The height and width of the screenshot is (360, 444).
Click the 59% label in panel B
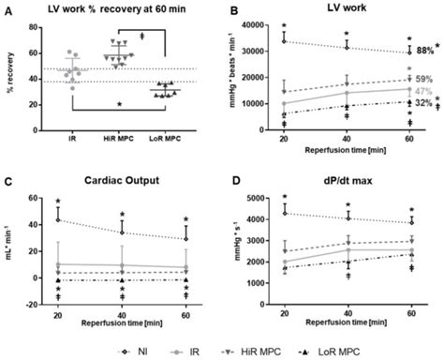pos(423,80)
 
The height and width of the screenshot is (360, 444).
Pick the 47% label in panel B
pos(423,92)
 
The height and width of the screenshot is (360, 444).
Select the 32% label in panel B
pos(423,103)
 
